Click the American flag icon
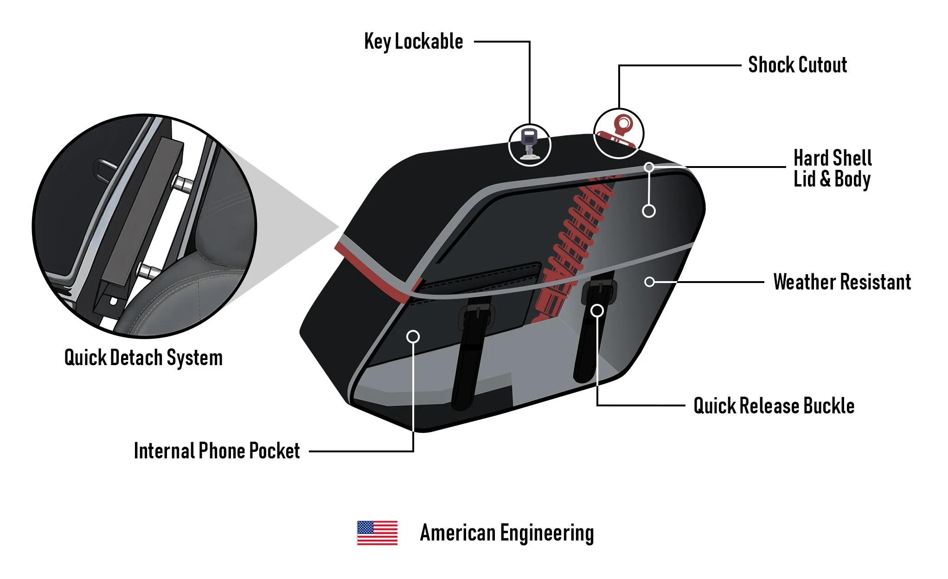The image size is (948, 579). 377,533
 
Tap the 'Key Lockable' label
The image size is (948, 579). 413,42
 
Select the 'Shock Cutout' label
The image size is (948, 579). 797,65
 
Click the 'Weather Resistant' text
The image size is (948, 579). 842,282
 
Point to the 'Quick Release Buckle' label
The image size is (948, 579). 774,406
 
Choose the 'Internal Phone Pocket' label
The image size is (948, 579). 217,451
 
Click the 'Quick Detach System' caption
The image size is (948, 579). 143,358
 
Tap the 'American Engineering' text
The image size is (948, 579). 506,533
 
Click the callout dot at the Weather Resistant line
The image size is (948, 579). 650,282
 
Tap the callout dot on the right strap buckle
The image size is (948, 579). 597,310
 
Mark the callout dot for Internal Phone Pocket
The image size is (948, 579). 413,336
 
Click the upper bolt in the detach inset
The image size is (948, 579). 184,184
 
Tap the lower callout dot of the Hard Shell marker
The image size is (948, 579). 649,211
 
